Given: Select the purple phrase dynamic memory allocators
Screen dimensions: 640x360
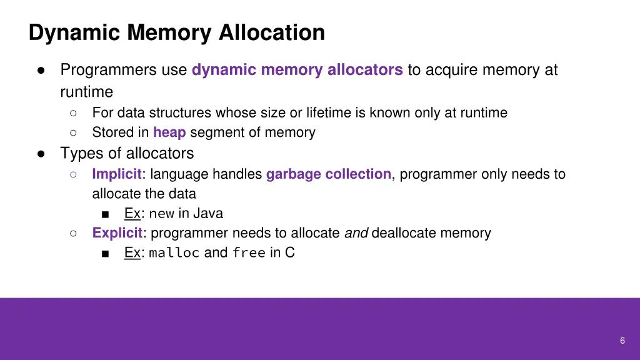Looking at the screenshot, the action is (x=297, y=70).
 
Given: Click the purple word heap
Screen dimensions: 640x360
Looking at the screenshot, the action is (x=169, y=132).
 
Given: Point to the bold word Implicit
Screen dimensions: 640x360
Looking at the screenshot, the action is (x=117, y=174).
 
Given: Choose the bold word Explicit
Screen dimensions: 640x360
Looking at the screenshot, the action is (x=117, y=233).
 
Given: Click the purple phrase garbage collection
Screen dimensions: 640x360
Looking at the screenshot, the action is (x=329, y=174).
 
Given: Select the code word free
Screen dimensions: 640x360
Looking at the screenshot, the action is (x=249, y=253).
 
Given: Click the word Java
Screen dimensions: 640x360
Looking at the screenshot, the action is (x=207, y=214).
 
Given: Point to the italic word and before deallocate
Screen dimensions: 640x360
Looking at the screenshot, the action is (x=356, y=233).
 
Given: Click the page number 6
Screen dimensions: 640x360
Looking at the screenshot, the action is (x=622, y=341).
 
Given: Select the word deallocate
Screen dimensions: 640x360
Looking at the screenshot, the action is (x=404, y=233).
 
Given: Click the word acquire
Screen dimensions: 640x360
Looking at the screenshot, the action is (x=449, y=70).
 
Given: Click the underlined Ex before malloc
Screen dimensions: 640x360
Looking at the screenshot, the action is (x=132, y=253).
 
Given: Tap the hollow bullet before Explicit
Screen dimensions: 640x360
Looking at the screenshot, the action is (x=73, y=233).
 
